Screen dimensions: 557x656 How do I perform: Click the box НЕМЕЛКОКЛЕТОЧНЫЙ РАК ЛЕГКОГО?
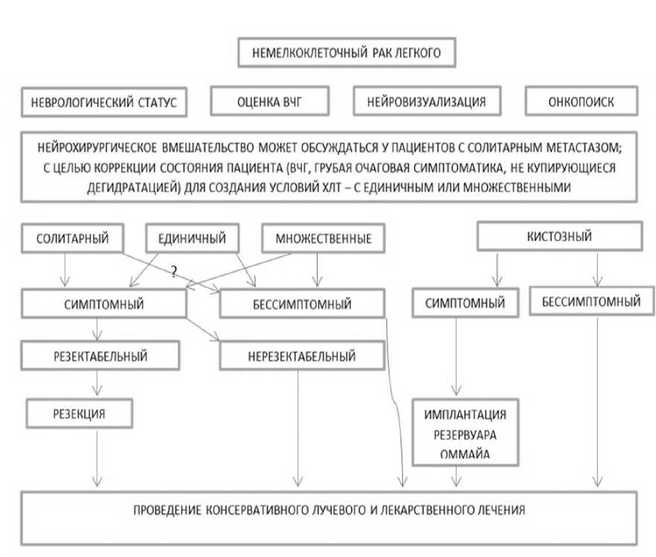click(x=344, y=54)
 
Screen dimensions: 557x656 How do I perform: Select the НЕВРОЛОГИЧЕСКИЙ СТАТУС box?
click(x=103, y=103)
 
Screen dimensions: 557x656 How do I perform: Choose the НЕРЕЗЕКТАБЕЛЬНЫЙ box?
click(x=300, y=356)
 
